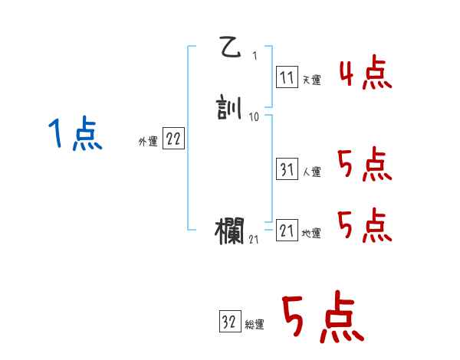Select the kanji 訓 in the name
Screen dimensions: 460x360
231,109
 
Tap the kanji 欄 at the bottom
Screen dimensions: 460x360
231,231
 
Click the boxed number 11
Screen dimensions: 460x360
287,78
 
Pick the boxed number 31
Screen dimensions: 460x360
287,170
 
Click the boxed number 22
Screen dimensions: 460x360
173,139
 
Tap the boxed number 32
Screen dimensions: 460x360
229,322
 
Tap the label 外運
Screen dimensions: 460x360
148,142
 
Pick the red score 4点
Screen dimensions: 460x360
365,75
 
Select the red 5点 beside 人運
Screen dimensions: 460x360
365,165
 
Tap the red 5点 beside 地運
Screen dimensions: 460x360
365,226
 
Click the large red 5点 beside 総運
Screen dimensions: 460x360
322,318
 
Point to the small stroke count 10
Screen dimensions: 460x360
255,118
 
